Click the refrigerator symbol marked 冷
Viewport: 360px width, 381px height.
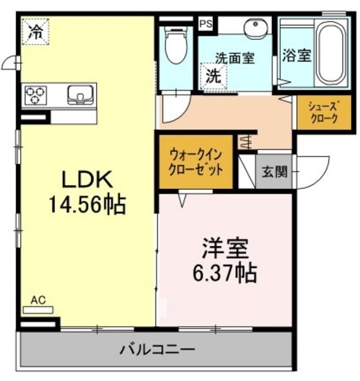36,32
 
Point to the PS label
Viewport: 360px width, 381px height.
206,24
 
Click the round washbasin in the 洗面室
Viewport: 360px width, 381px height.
257,27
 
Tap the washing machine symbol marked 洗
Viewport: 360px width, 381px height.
213,76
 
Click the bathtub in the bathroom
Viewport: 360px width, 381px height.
331,51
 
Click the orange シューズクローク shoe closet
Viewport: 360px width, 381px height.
323,112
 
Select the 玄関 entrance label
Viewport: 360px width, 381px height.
275,171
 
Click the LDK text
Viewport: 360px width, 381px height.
85,179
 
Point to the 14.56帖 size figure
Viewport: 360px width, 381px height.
86,205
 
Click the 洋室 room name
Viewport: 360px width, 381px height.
224,246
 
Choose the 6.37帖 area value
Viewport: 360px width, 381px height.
224,273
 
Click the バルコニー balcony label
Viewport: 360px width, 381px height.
157,348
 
